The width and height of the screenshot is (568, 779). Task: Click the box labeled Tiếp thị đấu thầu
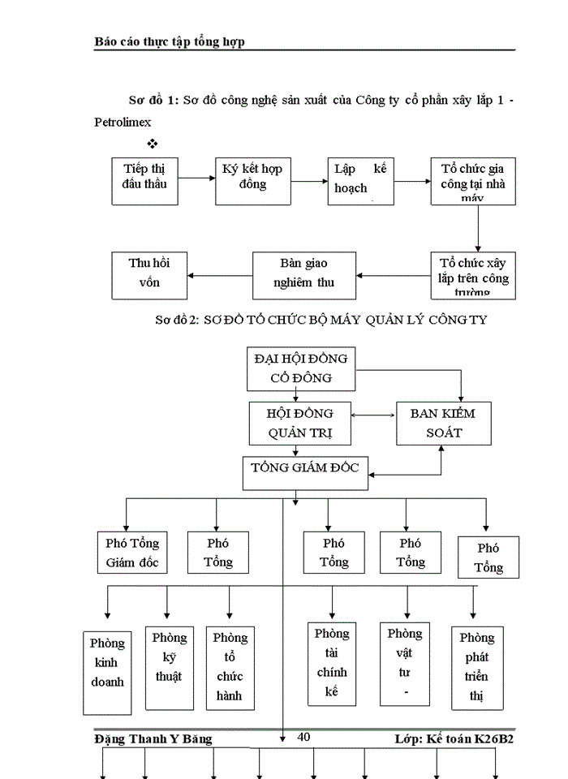144,180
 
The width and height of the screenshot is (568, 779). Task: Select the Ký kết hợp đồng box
252,180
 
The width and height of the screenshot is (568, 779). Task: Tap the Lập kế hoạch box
361,180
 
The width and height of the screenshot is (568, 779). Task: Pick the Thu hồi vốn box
148,274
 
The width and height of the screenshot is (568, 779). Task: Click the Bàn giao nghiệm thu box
303,274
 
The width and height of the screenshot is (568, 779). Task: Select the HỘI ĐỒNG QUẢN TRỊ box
299,423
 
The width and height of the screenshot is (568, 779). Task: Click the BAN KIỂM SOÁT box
443,423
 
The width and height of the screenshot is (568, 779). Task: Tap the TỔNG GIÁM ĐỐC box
305,471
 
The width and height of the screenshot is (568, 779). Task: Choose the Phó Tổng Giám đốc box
132,552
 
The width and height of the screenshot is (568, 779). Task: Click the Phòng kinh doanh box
107,671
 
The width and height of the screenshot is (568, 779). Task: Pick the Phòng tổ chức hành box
230,666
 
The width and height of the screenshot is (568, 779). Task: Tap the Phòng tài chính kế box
333,662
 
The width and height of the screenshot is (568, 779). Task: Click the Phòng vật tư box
404,662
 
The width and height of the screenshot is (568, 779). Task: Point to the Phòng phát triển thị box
475,666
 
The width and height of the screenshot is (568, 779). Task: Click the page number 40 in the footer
304,737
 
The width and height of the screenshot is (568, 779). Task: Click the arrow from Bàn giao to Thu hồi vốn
220,275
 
